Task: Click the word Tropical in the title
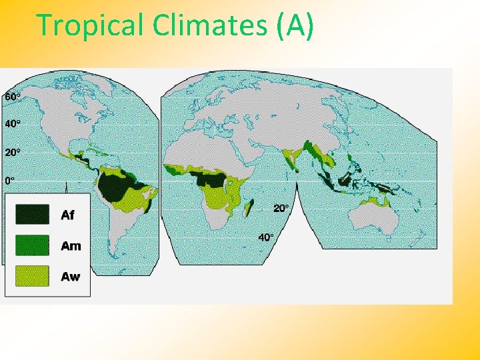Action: point(91,25)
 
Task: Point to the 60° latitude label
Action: point(13,97)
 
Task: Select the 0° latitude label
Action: point(10,180)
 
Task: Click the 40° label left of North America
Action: point(13,124)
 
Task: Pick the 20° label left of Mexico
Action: point(13,152)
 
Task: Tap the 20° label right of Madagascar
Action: point(281,209)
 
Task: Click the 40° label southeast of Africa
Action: point(266,237)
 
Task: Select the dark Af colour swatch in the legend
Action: point(32,215)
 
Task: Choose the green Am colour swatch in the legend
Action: point(32,245)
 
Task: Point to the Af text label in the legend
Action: point(67,215)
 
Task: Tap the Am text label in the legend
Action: point(70,245)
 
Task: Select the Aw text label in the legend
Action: point(70,276)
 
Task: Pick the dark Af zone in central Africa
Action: point(210,179)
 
